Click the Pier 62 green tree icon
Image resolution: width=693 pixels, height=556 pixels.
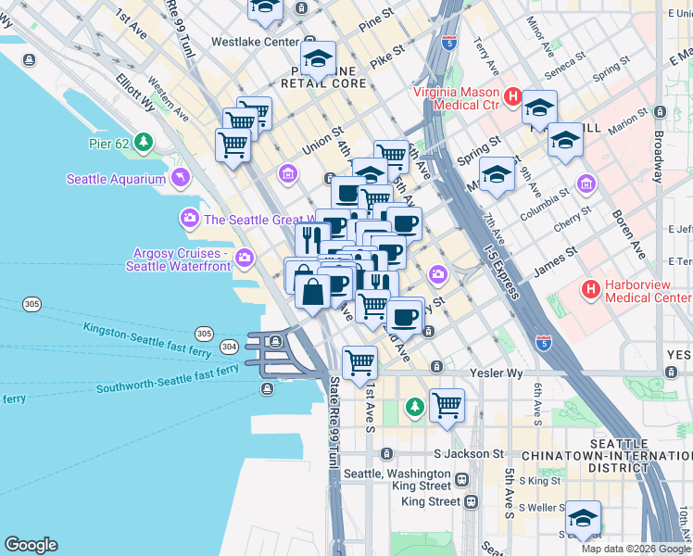(143, 143)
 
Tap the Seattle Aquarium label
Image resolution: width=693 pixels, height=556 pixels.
(116, 179)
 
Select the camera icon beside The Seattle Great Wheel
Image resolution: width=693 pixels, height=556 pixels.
(190, 219)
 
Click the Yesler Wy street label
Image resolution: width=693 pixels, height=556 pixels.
(499, 373)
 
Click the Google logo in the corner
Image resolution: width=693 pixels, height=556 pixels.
(31, 545)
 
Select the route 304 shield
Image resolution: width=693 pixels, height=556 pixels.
(228, 347)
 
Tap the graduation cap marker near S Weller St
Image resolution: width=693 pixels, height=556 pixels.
(582, 518)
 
